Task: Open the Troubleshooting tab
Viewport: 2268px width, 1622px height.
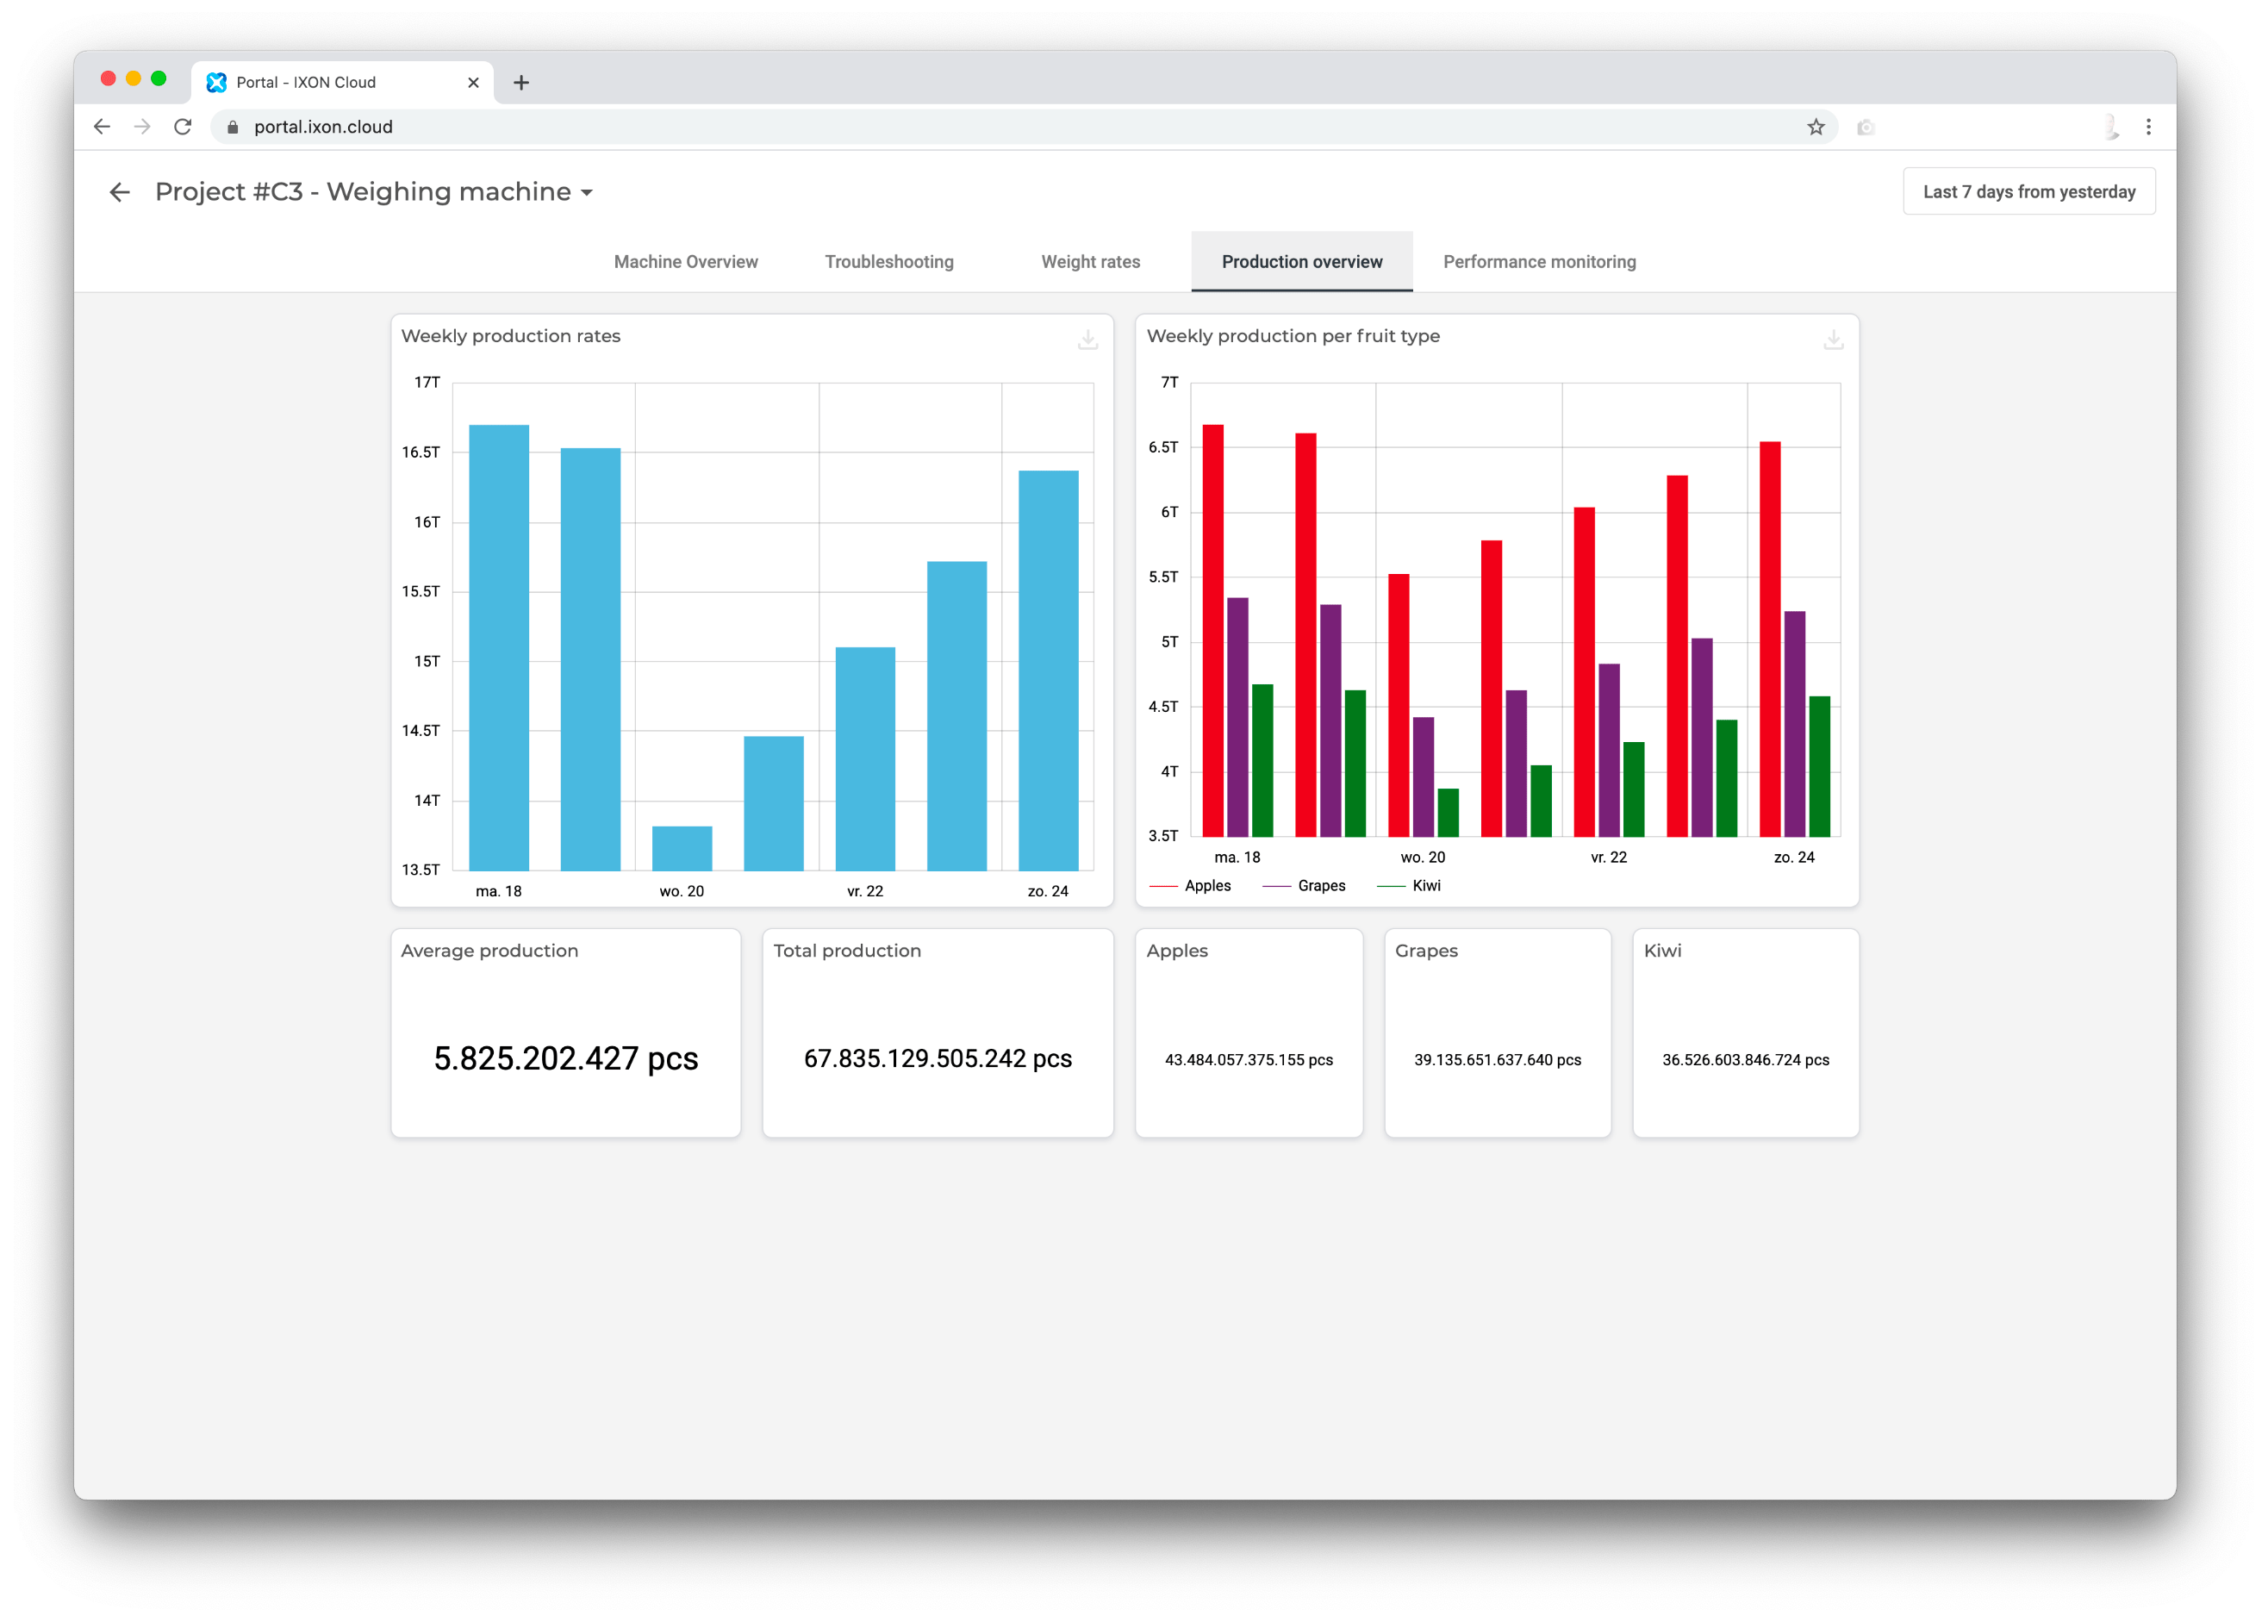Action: pos(888,262)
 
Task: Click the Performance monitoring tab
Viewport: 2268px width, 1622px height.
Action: pos(1539,262)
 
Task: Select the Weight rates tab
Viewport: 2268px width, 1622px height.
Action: pos(1091,262)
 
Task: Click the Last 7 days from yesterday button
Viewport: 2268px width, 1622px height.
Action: pos(2028,192)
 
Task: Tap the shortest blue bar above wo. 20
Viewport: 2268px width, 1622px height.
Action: pos(682,848)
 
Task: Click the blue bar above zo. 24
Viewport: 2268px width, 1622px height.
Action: pos(1048,669)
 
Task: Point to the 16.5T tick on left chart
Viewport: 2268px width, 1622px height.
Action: pos(421,452)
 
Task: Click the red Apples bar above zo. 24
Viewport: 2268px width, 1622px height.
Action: pos(1770,639)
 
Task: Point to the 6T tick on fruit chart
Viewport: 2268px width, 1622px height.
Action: pos(1169,512)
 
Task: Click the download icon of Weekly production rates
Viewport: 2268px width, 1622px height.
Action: pos(1087,340)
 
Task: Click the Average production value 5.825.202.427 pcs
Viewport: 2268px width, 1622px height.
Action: pos(565,1058)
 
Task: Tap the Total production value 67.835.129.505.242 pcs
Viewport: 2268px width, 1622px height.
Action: pos(938,1058)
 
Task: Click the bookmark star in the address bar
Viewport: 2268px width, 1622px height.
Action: pos(1816,127)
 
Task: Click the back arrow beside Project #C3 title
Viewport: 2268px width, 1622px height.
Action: pos(120,192)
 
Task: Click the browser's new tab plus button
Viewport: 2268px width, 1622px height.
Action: pos(521,83)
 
